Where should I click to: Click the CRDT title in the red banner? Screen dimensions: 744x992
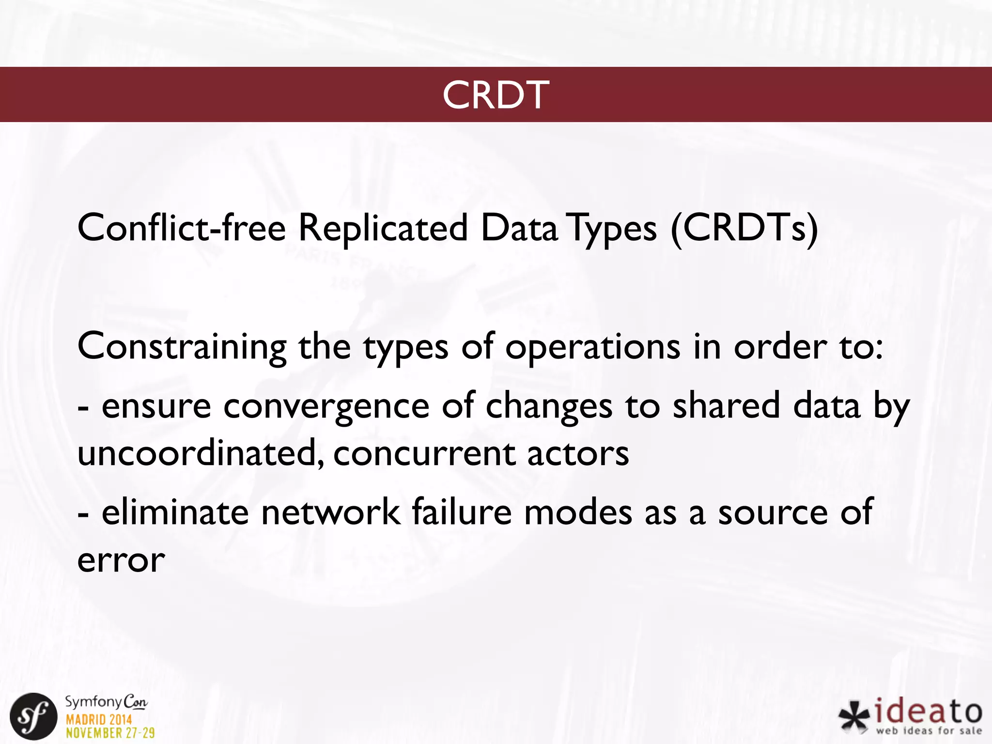click(496, 95)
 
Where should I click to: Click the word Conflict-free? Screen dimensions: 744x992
click(182, 228)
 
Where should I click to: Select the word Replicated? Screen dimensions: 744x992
click(383, 228)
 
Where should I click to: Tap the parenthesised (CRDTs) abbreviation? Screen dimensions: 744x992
click(744, 228)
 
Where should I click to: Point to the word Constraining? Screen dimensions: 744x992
click(182, 347)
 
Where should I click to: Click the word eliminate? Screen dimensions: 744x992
click(175, 512)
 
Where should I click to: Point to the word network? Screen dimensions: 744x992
click(331, 512)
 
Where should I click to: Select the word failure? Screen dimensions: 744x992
click(462, 512)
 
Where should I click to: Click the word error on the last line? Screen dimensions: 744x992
click(121, 561)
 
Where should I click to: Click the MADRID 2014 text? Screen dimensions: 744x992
click(99, 719)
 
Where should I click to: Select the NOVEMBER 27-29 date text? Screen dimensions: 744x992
click(110, 733)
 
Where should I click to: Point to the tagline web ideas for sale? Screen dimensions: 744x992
click(928, 731)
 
